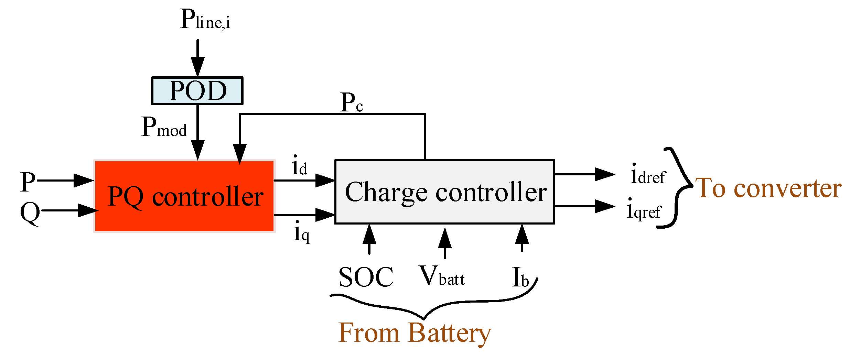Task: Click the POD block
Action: tap(197, 91)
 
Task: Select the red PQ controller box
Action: tap(184, 196)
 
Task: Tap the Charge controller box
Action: tap(444, 192)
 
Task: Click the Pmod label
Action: tap(164, 127)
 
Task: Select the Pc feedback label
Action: tap(351, 102)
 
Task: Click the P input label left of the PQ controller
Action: tap(28, 182)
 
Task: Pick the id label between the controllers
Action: tap(299, 166)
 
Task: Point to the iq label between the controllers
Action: tap(302, 232)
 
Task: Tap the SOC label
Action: tap(366, 277)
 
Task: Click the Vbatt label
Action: tap(441, 276)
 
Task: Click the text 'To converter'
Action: tap(768, 188)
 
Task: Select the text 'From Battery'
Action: tap(415, 332)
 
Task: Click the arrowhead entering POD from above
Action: tap(197, 67)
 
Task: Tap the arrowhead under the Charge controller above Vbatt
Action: tap(445, 238)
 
